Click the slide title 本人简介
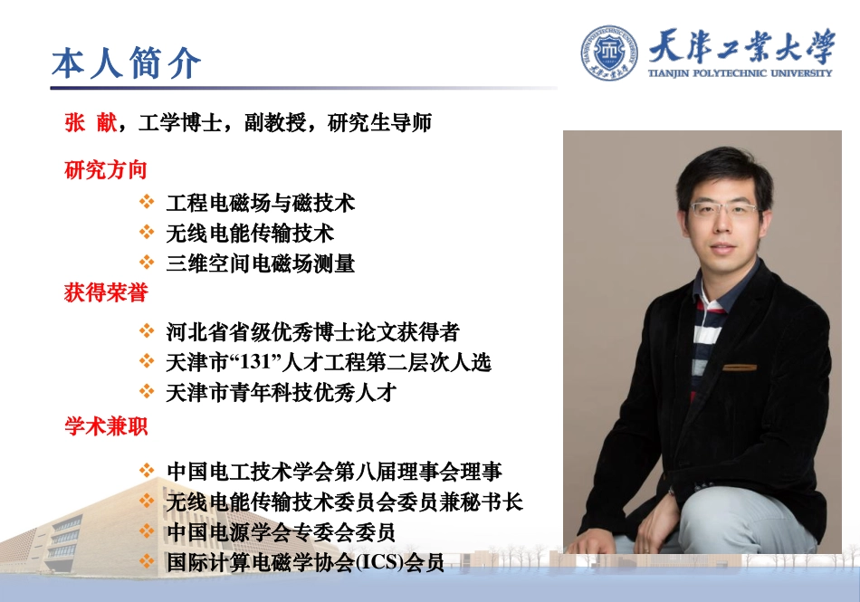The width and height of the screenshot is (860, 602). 126,63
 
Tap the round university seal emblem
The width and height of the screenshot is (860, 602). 608,53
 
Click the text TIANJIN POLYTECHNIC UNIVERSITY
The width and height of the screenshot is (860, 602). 740,72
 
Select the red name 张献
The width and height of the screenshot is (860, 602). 91,123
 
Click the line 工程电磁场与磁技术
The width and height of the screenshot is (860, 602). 261,203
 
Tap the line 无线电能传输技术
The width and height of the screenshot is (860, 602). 250,234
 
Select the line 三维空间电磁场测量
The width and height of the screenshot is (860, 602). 261,263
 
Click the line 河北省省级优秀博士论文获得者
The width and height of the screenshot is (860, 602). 313,332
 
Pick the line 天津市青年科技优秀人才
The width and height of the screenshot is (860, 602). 282,393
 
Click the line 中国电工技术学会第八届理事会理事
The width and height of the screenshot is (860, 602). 334,471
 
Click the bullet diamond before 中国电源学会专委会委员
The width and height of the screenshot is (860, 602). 148,531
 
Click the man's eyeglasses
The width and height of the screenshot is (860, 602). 723,209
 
